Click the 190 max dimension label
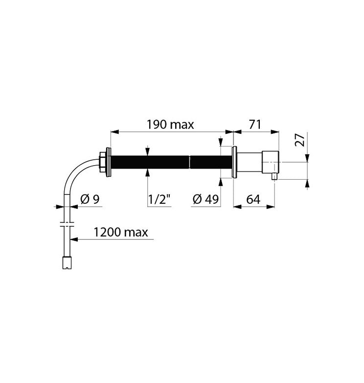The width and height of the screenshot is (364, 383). point(170,125)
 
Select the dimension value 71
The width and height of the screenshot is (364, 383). point(255,125)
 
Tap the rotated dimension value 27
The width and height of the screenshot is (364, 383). point(300,140)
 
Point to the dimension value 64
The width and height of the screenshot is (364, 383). point(253,199)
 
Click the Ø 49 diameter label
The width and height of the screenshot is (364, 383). point(205,199)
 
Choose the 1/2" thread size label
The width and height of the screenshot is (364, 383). point(159,199)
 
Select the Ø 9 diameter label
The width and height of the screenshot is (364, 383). point(90,199)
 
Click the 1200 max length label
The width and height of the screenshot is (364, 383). point(121,232)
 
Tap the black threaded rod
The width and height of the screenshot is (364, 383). point(171,162)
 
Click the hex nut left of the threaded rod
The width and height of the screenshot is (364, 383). point(102,162)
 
